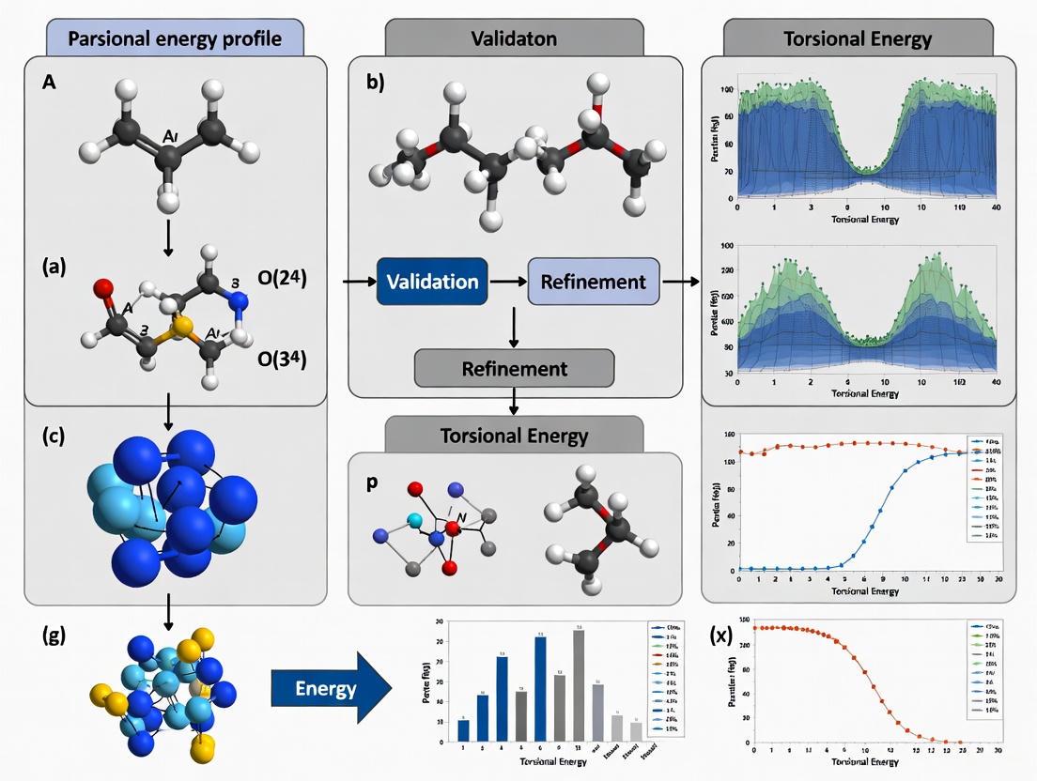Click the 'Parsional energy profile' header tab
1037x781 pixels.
tap(175, 39)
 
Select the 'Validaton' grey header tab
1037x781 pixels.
tap(514, 39)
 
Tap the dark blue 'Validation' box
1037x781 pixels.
tap(432, 281)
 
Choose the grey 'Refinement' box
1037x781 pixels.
tap(514, 368)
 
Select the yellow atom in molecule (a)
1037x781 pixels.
tap(184, 327)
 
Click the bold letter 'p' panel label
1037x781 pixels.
tap(373, 481)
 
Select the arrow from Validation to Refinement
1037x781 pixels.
tap(507, 281)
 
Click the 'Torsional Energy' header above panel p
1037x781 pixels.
tap(514, 435)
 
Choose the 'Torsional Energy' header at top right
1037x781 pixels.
tap(859, 39)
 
